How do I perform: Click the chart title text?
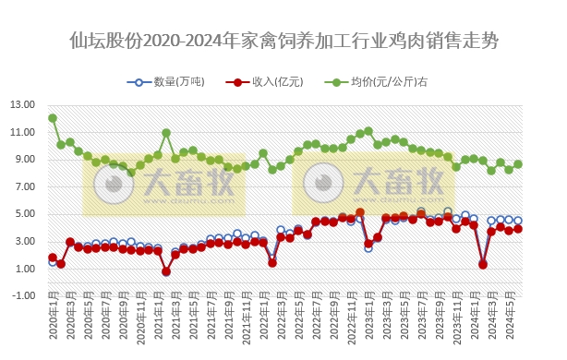(283, 41)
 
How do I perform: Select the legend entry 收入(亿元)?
(268, 82)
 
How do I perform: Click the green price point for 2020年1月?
(53, 118)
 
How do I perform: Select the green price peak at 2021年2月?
(166, 133)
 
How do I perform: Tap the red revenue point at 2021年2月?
(166, 271)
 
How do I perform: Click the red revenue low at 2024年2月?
(483, 264)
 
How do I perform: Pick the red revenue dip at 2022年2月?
(272, 263)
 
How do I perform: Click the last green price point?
(518, 164)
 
